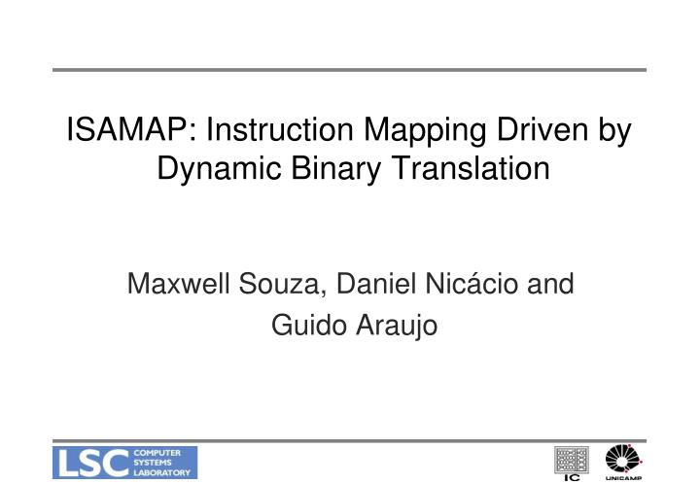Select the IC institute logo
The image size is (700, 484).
click(571, 462)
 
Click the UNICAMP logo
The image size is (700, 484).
click(622, 461)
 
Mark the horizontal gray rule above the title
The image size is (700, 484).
click(350, 70)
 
